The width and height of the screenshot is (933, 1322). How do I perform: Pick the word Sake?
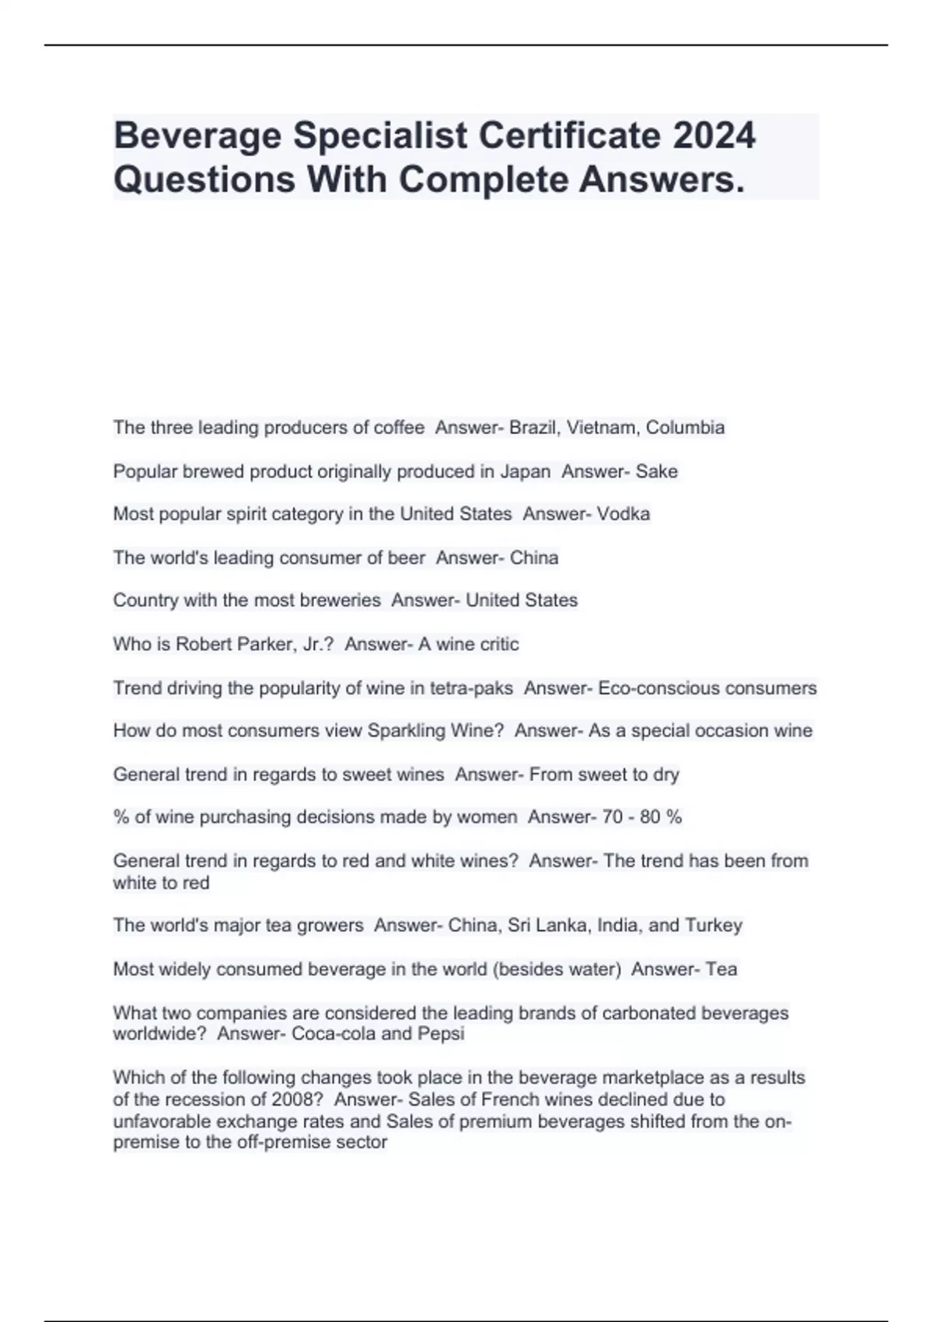[x=657, y=471]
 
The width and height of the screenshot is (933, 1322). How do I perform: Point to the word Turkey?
[x=714, y=925]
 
